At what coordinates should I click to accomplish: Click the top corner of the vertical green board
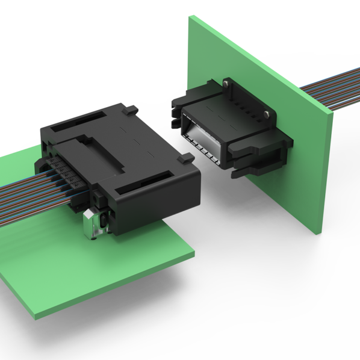(x=191, y=16)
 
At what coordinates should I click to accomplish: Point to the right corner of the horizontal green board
(x=194, y=257)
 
